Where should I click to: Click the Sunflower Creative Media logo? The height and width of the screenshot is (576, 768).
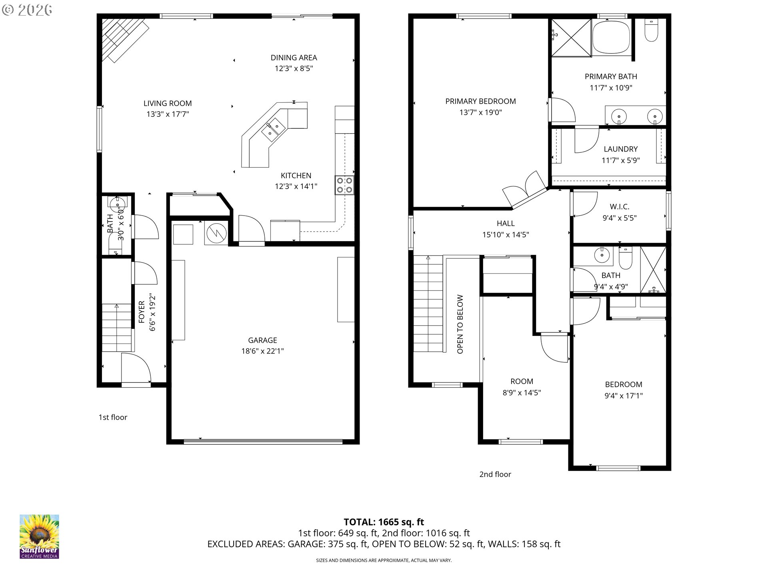[39, 536]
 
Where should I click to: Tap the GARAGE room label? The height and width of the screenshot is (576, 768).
[262, 340]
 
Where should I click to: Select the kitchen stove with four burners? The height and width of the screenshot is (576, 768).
[344, 185]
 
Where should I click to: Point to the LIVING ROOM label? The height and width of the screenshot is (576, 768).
[168, 104]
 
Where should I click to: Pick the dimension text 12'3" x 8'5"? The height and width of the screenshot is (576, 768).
[294, 68]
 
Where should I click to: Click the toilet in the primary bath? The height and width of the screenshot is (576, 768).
[652, 31]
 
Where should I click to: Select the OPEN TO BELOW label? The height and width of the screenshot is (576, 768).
[460, 324]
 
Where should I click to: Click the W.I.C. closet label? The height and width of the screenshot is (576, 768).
[620, 207]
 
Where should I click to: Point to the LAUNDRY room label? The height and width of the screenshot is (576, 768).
[621, 149]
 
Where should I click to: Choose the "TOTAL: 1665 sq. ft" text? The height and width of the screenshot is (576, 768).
[384, 522]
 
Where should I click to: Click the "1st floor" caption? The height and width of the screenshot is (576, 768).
[113, 417]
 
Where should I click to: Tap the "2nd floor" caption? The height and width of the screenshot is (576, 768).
[495, 474]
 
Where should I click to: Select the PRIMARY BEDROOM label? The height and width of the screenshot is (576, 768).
[481, 102]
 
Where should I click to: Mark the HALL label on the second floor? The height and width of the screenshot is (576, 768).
[506, 224]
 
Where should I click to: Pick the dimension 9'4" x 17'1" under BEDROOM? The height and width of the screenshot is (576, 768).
[624, 396]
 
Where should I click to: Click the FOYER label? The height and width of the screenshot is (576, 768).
[142, 312]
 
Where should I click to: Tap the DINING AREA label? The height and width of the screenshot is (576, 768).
[294, 58]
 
